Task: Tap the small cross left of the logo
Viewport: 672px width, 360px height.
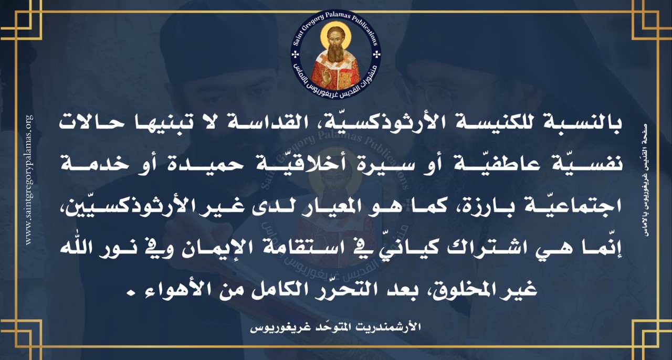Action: pos(295,55)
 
